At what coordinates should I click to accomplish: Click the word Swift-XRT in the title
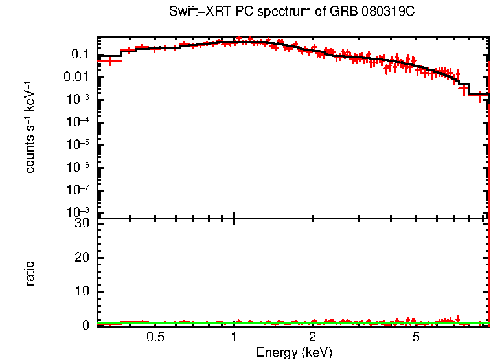coord(192,12)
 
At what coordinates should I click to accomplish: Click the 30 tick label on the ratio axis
coord(82,223)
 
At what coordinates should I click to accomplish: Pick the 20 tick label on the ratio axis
coord(82,258)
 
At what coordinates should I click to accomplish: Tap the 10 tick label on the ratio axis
coord(82,291)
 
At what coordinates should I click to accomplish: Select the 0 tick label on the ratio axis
coord(86,326)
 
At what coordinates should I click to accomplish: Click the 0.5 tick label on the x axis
coord(155,338)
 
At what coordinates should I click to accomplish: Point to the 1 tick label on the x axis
coord(234,338)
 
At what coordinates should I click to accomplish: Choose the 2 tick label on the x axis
coord(312,338)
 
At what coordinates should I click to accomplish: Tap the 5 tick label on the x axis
coord(416,338)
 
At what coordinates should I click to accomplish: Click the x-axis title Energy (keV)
coord(294,353)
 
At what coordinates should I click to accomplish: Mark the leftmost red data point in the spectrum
coord(110,61)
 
